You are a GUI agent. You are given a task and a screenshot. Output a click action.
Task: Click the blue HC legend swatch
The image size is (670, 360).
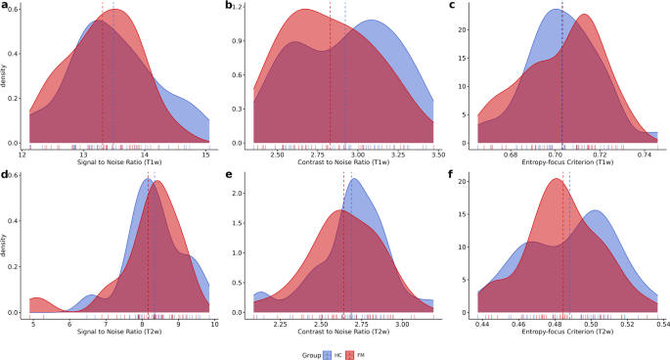click(327, 352)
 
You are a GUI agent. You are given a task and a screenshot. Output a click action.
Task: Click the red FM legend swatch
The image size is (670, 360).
click(355, 352)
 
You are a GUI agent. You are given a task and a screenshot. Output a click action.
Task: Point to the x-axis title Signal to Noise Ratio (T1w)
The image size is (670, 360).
click(118, 162)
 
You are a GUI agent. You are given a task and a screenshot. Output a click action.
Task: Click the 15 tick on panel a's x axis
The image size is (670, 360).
click(205, 154)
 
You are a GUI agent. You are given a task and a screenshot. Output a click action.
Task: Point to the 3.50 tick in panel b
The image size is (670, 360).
click(436, 154)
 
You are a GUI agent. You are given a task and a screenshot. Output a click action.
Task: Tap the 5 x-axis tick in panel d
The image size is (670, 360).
click(34, 322)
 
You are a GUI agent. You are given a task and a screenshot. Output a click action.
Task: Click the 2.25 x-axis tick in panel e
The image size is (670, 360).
click(280, 322)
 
